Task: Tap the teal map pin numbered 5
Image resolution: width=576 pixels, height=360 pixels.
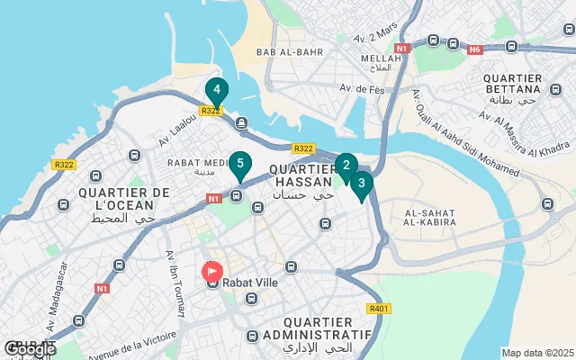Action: [x=238, y=165]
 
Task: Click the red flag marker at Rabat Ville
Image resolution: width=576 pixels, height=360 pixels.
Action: [x=212, y=269]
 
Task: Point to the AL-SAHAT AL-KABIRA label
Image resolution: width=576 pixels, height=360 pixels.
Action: [x=431, y=219]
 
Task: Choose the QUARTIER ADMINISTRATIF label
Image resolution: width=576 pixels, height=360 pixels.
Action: [x=328, y=328]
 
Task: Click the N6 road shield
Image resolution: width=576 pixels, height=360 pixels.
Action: [x=474, y=49]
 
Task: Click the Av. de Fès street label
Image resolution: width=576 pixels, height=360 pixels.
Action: [x=337, y=90]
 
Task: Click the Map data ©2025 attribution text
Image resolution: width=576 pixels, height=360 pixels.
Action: [x=536, y=353]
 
